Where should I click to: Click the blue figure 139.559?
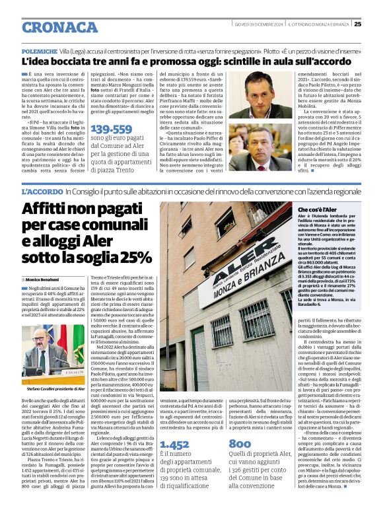(x=111, y=129)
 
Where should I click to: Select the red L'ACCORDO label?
(x=42, y=191)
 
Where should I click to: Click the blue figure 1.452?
(x=174, y=445)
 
